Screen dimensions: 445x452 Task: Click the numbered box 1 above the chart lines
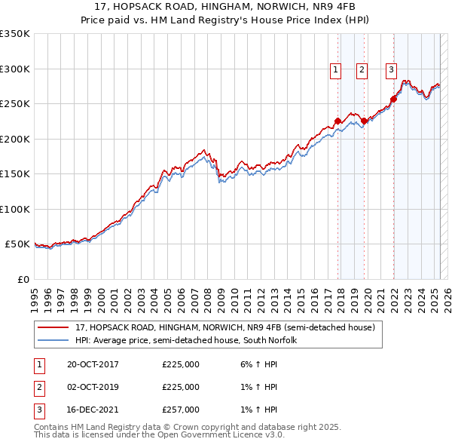pos(334,70)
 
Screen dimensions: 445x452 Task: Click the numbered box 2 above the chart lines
pos(362,70)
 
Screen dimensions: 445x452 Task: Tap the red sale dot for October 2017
pos(337,121)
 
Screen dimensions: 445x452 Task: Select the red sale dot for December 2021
pos(394,99)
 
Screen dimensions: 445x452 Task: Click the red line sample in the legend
pos(53,327)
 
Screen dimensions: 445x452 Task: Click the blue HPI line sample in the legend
pos(53,340)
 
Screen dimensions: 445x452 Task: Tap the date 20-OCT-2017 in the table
pos(93,365)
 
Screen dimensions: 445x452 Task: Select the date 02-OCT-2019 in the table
pos(93,387)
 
